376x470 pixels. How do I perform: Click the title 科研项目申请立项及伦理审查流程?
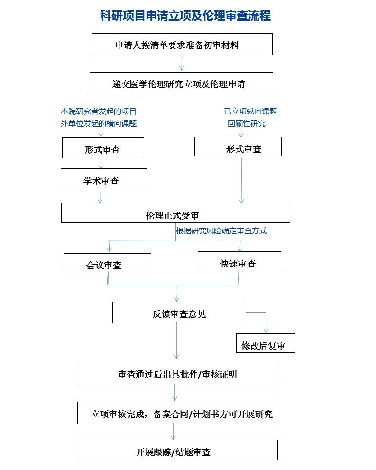coord(185,16)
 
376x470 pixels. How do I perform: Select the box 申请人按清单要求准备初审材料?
coord(182,44)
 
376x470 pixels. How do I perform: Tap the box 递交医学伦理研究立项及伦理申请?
coord(181,83)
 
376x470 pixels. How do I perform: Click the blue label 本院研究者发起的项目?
coord(99,111)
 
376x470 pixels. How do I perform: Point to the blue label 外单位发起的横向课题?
coord(99,123)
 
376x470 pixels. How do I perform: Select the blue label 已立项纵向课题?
coord(250,111)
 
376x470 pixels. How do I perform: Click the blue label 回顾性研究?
coord(247,123)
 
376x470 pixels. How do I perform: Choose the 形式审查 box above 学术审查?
coord(103,148)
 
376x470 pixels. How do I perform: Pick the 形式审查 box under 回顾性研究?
coord(238,146)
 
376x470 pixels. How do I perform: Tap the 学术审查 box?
coord(104,180)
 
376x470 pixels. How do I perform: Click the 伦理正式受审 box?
coord(175,213)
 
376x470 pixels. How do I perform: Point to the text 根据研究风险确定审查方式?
coord(221,231)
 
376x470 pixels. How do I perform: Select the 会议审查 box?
coord(107,263)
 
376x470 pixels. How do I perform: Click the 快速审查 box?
coord(239,261)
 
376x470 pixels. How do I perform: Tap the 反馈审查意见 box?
coord(179,313)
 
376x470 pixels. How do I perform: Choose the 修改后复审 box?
coord(266,343)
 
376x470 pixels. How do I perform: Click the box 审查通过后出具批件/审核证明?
coord(178,373)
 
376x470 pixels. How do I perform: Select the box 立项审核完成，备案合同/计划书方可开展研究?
coord(179,413)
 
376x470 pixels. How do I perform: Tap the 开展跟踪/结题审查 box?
coord(178,450)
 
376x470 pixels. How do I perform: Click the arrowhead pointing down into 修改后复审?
coord(266,331)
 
